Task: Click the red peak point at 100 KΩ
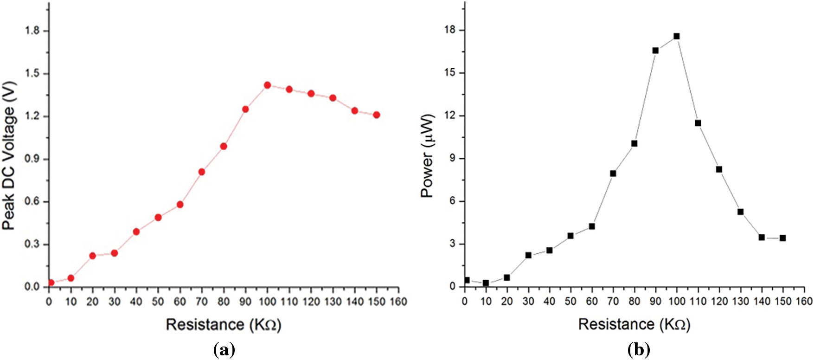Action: (267, 85)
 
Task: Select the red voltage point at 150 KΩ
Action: (376, 115)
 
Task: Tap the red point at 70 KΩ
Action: (202, 172)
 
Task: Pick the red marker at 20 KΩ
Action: (92, 256)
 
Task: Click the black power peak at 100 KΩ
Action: (677, 36)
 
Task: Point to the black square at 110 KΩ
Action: (698, 123)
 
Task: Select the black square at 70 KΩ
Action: (613, 174)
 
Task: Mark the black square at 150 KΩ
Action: (783, 238)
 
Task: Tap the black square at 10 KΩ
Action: (486, 283)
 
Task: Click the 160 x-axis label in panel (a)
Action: (398, 302)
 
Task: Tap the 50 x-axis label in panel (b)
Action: (570, 302)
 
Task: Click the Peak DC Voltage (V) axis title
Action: (9, 155)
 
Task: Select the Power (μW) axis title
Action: (427, 155)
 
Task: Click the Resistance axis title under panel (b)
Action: (634, 324)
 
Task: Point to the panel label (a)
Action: (224, 349)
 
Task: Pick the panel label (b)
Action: (639, 349)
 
